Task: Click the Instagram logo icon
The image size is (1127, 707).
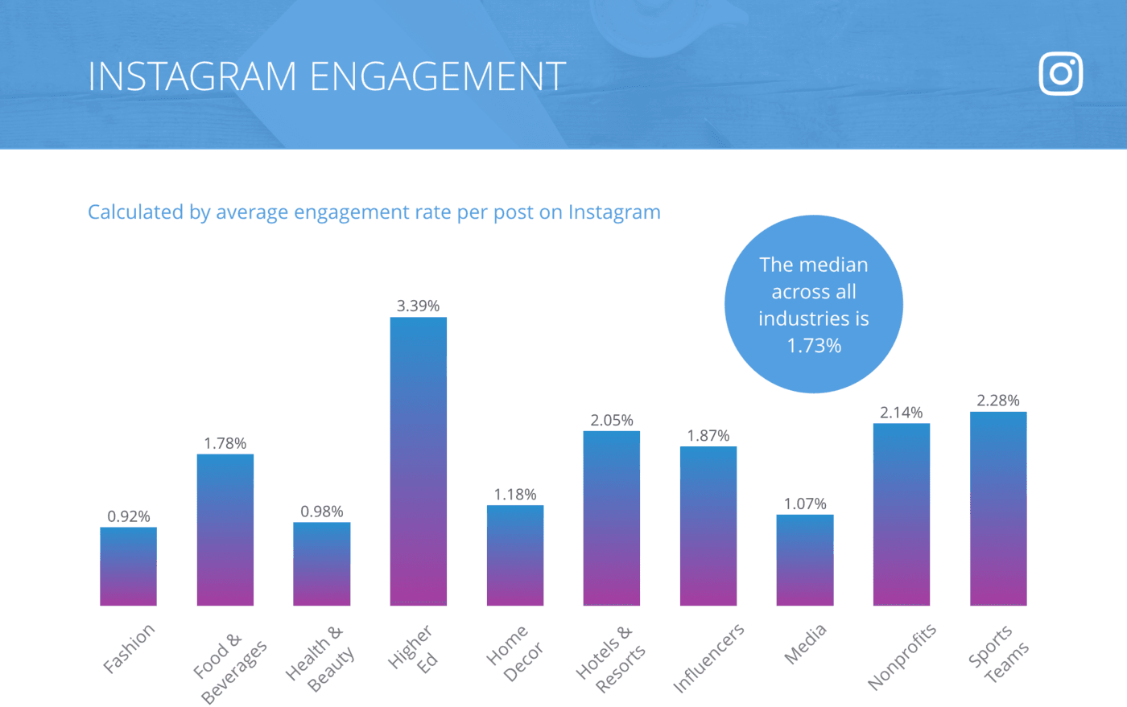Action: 1060,74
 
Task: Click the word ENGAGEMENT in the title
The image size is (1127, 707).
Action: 437,77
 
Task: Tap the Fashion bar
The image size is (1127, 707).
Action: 128,566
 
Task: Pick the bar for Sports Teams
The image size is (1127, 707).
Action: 997,508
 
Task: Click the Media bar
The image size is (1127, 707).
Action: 804,560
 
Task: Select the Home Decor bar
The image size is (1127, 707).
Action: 514,555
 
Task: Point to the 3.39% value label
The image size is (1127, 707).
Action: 418,306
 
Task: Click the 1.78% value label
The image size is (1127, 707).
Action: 225,443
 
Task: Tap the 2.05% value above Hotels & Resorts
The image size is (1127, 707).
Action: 611,420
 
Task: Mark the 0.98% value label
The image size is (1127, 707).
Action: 321,512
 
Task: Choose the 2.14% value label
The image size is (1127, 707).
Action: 901,413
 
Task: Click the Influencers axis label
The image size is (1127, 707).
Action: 708,657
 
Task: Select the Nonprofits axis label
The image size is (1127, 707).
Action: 902,656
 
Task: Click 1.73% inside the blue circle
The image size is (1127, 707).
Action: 813,346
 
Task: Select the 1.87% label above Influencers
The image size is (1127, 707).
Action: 708,435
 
